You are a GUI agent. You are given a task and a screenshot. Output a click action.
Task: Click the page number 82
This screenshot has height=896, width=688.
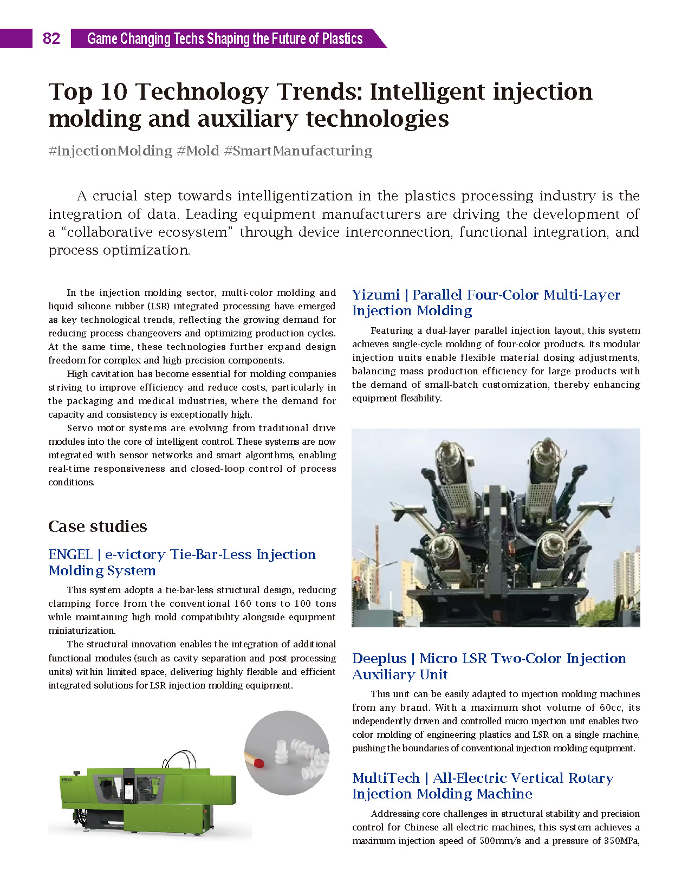(51, 38)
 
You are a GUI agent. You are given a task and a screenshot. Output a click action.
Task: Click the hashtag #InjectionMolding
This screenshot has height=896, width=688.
(110, 151)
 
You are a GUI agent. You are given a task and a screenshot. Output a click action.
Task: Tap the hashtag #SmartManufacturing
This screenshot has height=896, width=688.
(298, 151)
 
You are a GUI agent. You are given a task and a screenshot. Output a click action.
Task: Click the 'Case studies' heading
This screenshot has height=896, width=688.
(98, 527)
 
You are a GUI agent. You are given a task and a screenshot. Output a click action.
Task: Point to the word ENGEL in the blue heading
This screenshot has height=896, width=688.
(70, 555)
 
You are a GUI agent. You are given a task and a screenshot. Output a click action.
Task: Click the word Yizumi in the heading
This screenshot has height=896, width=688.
(375, 295)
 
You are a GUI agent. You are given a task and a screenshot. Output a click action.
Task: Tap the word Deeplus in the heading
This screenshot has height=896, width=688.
(379, 659)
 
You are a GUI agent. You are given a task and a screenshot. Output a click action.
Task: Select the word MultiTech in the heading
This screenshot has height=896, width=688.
(386, 778)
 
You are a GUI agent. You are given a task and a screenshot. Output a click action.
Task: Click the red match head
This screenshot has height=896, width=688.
(259, 764)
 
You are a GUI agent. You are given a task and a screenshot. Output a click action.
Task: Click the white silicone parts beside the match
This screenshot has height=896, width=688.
(303, 756)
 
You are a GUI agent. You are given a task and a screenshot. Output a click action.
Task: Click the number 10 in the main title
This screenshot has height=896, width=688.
(114, 92)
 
